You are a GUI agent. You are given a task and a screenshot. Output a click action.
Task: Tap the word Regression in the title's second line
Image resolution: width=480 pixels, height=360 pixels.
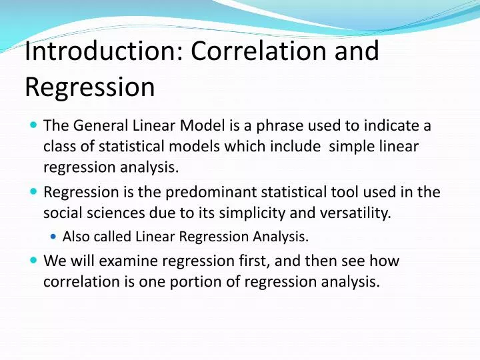click(x=90, y=87)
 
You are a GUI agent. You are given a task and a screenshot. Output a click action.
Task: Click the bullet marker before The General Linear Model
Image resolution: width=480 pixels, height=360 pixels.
click(x=34, y=125)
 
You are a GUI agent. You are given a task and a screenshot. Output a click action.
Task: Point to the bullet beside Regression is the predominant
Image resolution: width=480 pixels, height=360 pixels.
click(x=34, y=192)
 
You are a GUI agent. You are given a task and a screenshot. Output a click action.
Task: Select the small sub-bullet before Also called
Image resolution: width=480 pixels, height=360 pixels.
click(x=54, y=235)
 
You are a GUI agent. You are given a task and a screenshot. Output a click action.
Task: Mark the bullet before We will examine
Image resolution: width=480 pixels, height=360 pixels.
click(x=34, y=261)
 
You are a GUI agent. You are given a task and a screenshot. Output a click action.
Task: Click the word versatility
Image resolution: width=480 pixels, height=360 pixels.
click(x=358, y=213)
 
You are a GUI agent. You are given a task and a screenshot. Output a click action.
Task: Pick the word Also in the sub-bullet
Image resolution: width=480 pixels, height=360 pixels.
click(x=75, y=236)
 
